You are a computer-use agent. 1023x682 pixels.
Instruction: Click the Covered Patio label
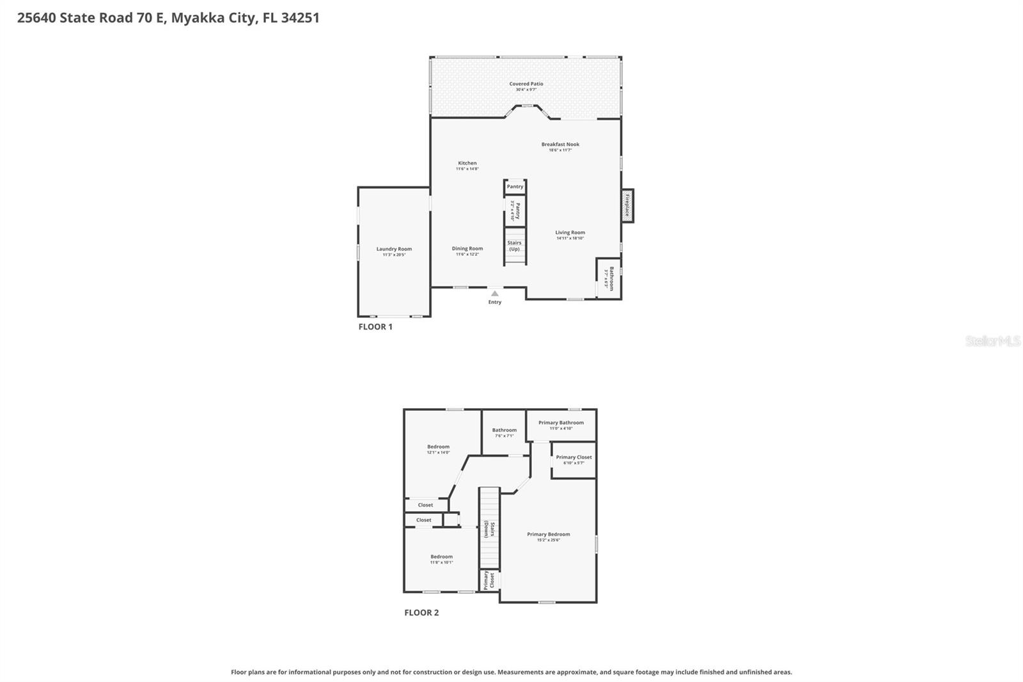coord(526,84)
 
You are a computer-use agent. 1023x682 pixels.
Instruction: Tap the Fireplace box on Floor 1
coord(627,206)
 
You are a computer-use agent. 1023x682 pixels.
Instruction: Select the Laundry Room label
coord(394,249)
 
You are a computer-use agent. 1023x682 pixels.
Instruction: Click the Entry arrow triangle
coord(494,294)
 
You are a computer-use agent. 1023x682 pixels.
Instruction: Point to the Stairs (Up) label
coord(515,246)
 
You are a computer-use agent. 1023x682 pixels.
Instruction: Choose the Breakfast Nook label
coord(560,145)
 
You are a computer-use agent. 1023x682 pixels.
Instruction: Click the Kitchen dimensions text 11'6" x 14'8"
coord(467,169)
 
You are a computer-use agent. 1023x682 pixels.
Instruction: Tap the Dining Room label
coord(467,249)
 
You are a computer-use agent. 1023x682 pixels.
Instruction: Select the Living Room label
coord(570,233)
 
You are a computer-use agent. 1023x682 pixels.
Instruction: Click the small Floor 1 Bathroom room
coord(608,279)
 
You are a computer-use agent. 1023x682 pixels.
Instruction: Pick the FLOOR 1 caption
coord(375,327)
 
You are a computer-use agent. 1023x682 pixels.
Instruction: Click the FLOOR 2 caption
coord(421,613)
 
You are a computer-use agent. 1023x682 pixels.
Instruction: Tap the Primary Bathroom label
coord(561,423)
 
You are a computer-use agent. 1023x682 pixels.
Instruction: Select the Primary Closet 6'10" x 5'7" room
coord(574,459)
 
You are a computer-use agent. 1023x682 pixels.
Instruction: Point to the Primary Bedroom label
coord(548,534)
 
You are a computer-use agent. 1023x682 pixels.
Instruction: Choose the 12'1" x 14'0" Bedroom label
coord(438,447)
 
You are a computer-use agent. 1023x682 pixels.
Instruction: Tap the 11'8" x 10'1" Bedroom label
coord(441,557)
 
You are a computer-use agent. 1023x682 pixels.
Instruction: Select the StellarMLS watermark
coord(992,341)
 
